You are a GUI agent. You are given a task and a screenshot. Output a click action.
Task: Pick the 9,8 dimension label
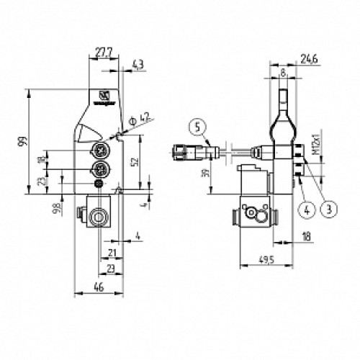(57, 210)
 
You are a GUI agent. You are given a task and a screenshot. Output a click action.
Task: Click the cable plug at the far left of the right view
(181, 153)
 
